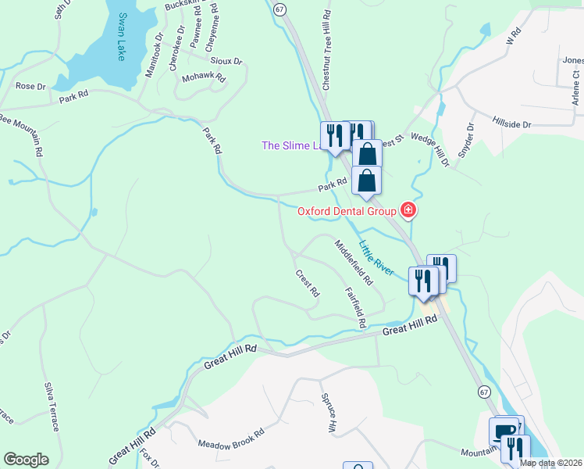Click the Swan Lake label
coord(122,38)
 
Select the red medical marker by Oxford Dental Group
coord(407,209)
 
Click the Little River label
coord(376,256)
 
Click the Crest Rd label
coord(308,284)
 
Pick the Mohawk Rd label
coord(203,78)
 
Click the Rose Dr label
coord(32,86)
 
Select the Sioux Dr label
coord(227,60)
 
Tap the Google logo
coord(26,460)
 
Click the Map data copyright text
coord(550,463)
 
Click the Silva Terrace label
coord(53,406)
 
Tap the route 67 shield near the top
coord(280,7)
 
